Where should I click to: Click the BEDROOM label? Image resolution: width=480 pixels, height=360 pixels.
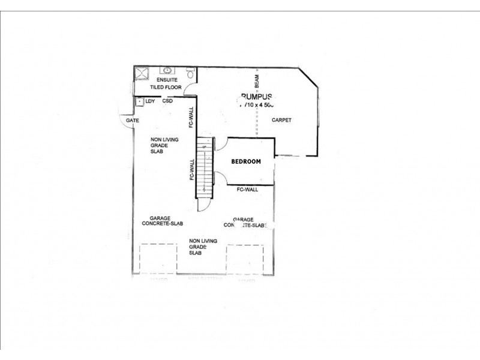coord(247,161)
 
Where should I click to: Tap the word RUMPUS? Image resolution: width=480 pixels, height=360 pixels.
coord(257,97)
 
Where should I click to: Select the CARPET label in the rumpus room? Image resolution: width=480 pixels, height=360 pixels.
coord(281,120)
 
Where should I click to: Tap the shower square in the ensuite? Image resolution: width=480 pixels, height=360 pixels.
coord(142,74)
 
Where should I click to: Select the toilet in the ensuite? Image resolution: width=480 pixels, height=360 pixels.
coord(191,74)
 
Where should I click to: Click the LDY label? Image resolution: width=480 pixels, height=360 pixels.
coord(150,101)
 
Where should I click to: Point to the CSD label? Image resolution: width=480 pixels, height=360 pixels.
coord(168,101)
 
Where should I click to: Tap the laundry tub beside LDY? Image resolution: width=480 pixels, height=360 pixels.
coord(140,101)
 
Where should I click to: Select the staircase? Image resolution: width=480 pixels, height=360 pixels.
coord(205,169)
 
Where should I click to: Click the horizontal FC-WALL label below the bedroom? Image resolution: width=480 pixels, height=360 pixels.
coord(247,190)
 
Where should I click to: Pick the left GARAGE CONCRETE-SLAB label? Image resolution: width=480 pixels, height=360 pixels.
coord(162,221)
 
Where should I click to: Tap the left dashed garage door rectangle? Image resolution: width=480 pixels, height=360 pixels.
coord(158,259)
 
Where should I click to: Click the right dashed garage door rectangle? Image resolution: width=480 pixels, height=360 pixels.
coord(245,259)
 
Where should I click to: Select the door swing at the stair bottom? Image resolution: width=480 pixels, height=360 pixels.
coord(205,205)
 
